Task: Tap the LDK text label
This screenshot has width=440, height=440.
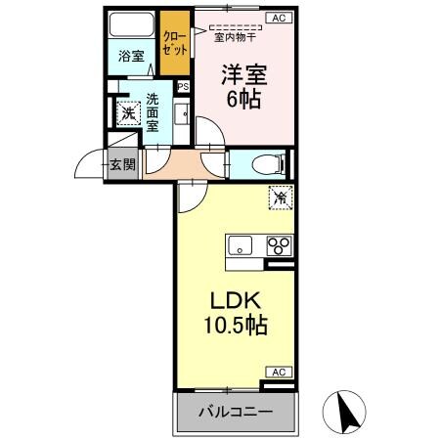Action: [x=230, y=301]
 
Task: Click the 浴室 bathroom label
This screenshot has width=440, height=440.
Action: [x=131, y=57]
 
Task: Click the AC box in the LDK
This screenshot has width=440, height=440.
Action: [x=278, y=372]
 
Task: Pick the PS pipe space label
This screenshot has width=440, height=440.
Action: [x=183, y=86]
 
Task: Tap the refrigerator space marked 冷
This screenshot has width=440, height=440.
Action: [x=280, y=197]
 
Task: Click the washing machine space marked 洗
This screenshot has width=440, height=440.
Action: [x=128, y=113]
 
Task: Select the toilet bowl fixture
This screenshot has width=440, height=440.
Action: [x=263, y=164]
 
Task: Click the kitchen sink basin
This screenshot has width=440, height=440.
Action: [x=241, y=244]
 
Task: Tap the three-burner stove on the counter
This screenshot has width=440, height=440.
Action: [x=278, y=244]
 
